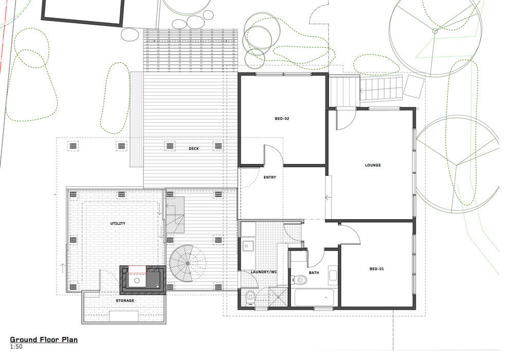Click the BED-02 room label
(x=282, y=119)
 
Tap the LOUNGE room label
(x=373, y=165)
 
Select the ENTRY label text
(x=270, y=177)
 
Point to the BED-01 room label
(x=377, y=269)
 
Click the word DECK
(x=193, y=149)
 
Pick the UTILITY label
(x=118, y=224)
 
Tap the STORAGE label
(x=124, y=300)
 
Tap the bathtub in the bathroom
(x=314, y=298)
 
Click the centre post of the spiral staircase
(x=186, y=263)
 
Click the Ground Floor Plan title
(x=44, y=340)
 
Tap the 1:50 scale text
(x=16, y=347)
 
